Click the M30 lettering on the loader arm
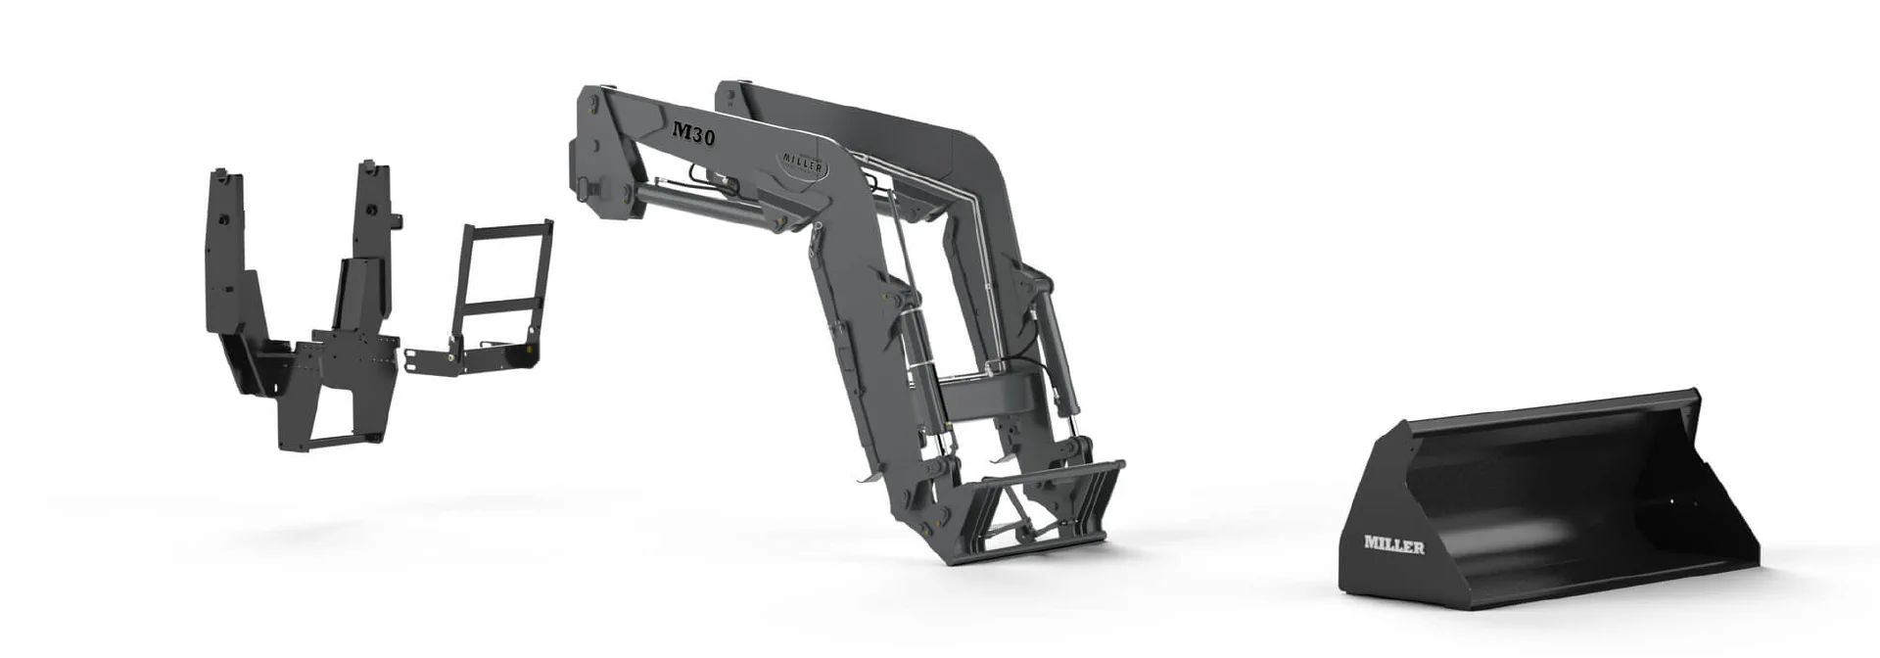694,132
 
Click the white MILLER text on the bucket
1394,545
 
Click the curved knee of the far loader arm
979,157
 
